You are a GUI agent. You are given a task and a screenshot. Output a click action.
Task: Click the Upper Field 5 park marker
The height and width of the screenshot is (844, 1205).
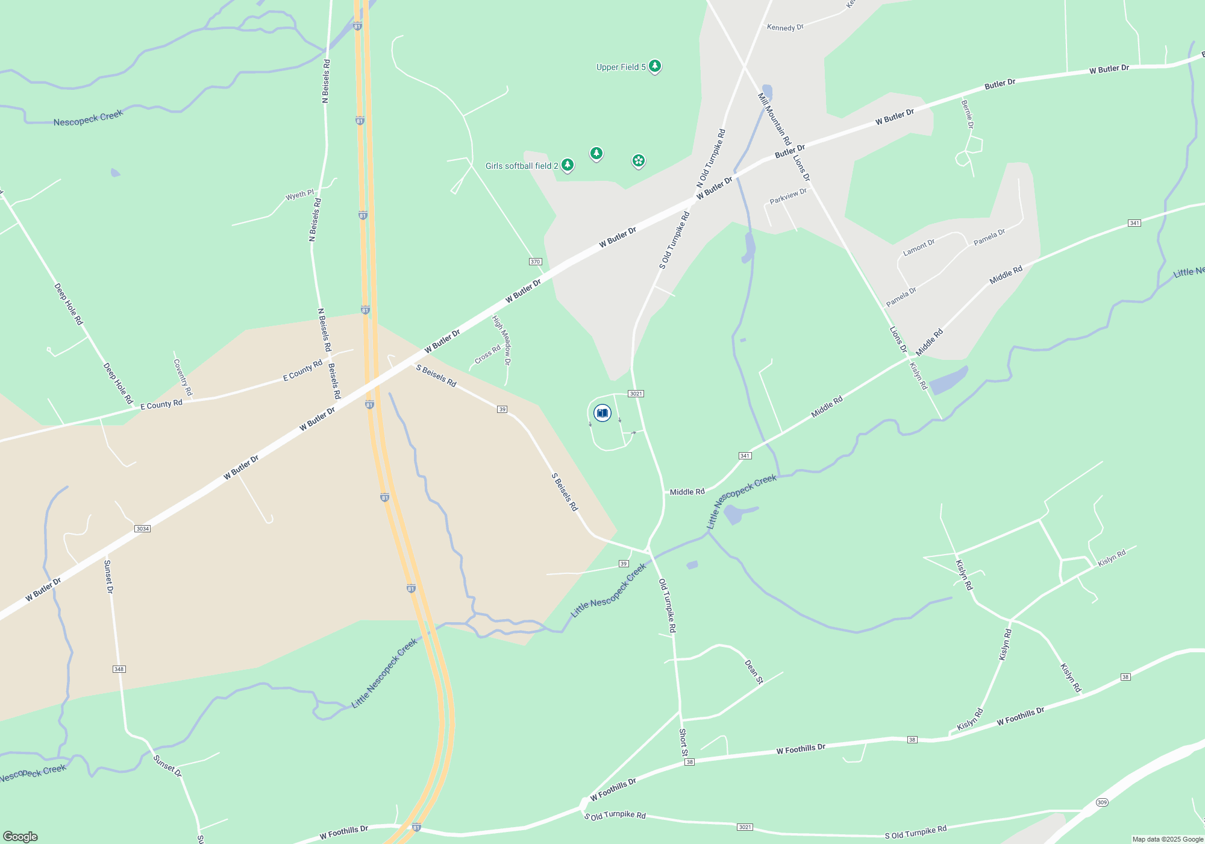tap(654, 66)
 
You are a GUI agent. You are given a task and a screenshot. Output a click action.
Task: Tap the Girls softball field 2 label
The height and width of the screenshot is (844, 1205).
tap(522, 166)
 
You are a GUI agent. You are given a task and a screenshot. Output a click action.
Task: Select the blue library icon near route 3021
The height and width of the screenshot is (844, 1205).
tap(602, 413)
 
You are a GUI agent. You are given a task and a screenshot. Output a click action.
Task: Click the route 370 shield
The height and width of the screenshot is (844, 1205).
tap(535, 262)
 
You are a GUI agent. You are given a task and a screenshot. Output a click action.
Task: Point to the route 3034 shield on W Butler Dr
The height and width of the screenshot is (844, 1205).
tap(142, 529)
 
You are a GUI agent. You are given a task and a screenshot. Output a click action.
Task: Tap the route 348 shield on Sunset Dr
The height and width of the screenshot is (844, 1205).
tap(119, 669)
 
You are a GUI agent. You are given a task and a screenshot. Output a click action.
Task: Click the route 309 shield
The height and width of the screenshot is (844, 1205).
tap(1102, 802)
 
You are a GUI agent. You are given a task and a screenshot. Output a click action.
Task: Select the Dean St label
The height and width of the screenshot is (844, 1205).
tap(754, 672)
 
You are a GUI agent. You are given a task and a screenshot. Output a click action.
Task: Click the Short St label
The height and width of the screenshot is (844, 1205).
tap(683, 742)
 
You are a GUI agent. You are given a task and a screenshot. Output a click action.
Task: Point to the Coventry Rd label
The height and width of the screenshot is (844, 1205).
tap(183, 377)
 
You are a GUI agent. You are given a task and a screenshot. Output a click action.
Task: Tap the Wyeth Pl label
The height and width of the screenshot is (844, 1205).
tap(299, 195)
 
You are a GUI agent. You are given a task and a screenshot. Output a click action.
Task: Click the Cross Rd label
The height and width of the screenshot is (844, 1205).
tap(487, 354)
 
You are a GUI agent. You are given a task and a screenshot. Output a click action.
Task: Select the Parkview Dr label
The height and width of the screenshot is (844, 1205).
tap(788, 196)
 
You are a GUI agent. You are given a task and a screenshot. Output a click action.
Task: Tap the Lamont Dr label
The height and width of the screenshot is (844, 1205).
tap(919, 247)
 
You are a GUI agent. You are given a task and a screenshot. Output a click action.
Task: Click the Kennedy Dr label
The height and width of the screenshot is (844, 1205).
tap(785, 27)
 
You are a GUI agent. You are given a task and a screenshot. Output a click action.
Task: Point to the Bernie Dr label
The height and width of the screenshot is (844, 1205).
tap(967, 115)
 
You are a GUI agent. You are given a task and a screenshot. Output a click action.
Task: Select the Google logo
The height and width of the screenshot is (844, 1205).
tap(20, 837)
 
